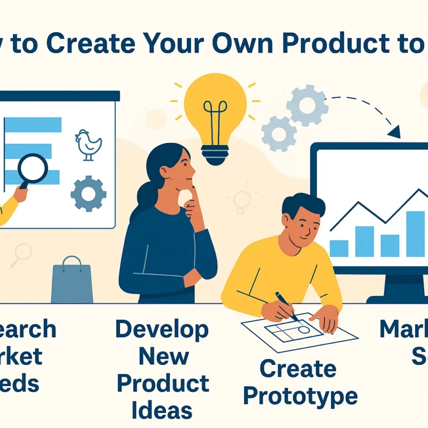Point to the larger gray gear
tap(307, 104)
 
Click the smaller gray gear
tap(279, 132)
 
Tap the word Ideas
tap(162, 410)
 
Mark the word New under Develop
tap(162, 356)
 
